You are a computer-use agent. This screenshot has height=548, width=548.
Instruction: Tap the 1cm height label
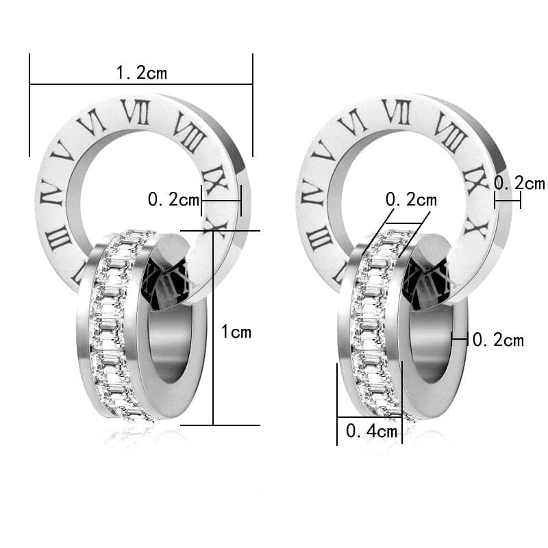(236, 332)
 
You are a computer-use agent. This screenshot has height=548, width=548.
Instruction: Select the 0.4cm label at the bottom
(371, 431)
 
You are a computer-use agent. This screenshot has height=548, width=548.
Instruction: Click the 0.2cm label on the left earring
(173, 200)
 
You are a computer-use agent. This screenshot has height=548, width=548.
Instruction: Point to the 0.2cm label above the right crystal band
(411, 200)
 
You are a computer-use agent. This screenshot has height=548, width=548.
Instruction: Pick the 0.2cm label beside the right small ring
(498, 340)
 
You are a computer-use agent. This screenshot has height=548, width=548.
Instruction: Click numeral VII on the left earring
(135, 112)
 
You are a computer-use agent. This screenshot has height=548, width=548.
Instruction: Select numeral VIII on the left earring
(188, 132)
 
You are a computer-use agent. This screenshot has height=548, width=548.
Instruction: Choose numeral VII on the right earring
(396, 112)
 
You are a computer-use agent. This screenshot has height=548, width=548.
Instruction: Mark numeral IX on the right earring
(475, 179)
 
